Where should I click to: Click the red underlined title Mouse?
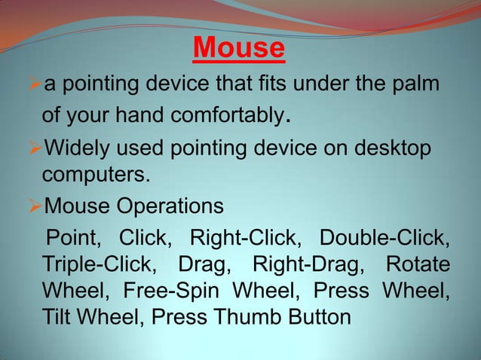pyautogui.click(x=239, y=49)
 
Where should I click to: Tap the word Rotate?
pyautogui.click(x=418, y=266)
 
